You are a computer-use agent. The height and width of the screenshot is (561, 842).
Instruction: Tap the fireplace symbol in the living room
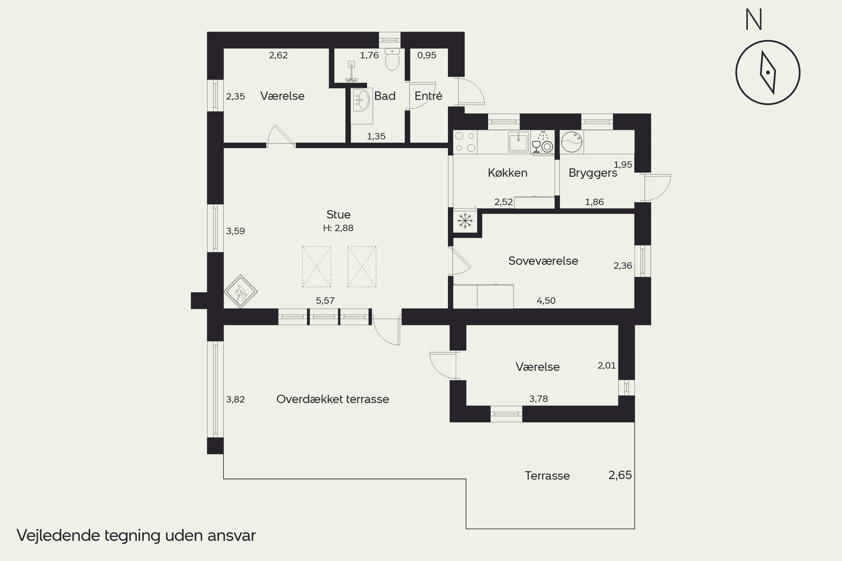point(241,292)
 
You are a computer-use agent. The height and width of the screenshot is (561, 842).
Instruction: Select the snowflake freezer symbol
point(465,220)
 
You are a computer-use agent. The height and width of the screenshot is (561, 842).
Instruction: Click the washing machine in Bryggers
point(572,142)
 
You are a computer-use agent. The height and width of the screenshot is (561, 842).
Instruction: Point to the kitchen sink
point(518,142)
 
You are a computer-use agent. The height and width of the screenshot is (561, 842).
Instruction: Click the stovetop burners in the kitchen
point(465,142)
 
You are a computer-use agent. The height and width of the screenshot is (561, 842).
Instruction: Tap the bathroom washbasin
point(362,100)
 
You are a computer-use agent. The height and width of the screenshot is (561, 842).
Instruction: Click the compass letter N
point(754,19)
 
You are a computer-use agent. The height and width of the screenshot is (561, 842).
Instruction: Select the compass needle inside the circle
point(768,73)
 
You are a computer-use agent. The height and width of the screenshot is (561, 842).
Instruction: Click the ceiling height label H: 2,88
point(338,228)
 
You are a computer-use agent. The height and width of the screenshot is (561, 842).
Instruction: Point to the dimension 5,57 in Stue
point(325,300)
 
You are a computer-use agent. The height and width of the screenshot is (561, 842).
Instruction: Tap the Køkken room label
point(508,173)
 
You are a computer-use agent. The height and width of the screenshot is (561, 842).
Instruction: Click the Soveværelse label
point(543,261)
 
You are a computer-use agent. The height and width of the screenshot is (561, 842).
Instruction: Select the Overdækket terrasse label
point(333,399)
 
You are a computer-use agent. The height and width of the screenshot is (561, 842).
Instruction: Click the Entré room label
point(429,96)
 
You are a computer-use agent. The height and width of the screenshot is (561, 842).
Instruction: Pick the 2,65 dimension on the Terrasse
point(620,475)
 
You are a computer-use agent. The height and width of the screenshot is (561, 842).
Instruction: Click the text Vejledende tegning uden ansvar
point(136,535)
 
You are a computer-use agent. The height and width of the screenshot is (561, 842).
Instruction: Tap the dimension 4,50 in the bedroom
point(546,300)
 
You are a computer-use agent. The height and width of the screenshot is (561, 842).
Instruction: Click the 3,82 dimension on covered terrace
point(235,399)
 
